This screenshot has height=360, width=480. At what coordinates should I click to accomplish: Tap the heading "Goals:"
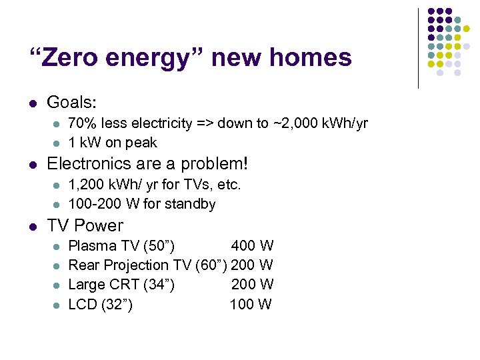pyautogui.click(x=71, y=103)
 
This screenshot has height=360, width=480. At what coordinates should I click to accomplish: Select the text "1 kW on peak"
pyautogui.click(x=113, y=143)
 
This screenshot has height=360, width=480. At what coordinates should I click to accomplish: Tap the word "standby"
pyautogui.click(x=191, y=204)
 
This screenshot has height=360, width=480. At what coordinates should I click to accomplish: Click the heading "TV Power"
pyautogui.click(x=85, y=225)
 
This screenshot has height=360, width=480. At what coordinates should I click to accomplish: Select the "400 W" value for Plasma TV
pyautogui.click(x=252, y=246)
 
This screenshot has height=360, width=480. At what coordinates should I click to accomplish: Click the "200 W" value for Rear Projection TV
pyautogui.click(x=252, y=265)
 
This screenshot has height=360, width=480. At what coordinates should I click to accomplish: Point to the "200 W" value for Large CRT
pyautogui.click(x=252, y=285)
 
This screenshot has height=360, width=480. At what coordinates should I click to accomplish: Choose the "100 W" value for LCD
pyautogui.click(x=251, y=305)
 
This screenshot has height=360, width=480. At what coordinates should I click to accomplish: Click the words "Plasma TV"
pyautogui.click(x=101, y=246)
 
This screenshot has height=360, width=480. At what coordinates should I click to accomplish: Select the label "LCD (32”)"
pyautogui.click(x=101, y=305)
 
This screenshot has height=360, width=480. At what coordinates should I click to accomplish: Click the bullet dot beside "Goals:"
pyautogui.click(x=32, y=103)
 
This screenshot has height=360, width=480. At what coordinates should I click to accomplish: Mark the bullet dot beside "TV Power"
pyautogui.click(x=32, y=226)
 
